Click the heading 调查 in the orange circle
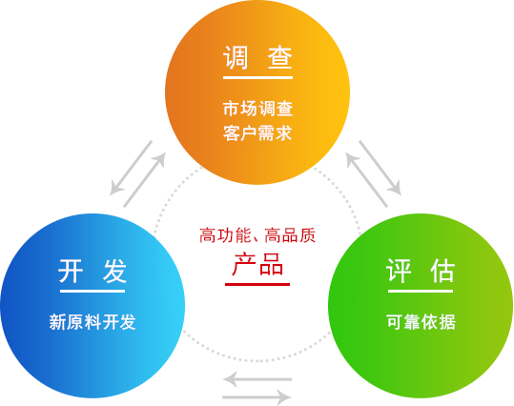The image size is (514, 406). (x=257, y=57)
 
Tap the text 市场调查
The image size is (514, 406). (x=257, y=109)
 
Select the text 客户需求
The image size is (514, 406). (x=257, y=133)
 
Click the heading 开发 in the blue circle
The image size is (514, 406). (x=93, y=271)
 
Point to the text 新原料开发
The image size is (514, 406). (x=93, y=322)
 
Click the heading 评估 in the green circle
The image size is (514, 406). (x=421, y=271)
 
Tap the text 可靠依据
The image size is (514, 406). (x=421, y=322)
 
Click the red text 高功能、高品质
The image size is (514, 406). (x=257, y=235)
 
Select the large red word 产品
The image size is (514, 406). (x=257, y=264)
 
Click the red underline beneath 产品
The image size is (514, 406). (x=257, y=284)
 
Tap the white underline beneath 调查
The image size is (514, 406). (x=258, y=77)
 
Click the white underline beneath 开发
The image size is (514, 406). (x=93, y=291)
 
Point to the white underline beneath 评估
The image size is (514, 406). (x=421, y=291)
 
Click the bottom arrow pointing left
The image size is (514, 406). (x=257, y=379)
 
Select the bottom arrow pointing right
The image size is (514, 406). (x=257, y=397)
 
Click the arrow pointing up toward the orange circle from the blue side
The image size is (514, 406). (x=145, y=179)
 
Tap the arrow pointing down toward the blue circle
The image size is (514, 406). (x=131, y=168)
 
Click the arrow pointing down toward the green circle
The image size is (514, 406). (x=380, y=168)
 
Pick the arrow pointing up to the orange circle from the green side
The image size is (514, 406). (x=367, y=179)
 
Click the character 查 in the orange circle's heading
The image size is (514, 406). (x=280, y=57)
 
